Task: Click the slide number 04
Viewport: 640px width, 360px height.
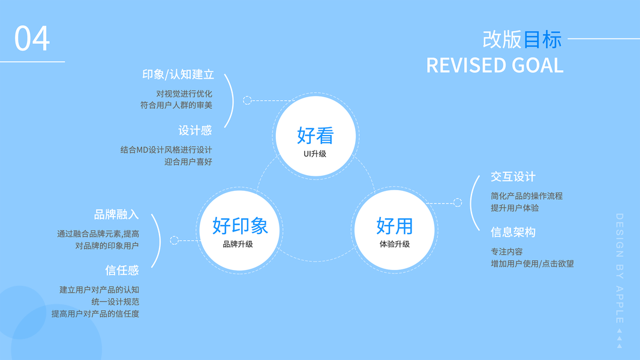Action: [x=32, y=38]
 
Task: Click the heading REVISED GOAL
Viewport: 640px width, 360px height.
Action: [x=494, y=65]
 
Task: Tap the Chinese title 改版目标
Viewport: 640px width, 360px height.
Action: [x=522, y=39]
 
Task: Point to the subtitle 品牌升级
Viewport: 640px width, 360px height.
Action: [x=238, y=244]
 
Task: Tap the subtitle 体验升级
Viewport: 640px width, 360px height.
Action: [x=395, y=244]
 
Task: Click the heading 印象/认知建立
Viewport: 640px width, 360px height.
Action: [x=178, y=74]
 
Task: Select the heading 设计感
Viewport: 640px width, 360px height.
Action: [x=195, y=130]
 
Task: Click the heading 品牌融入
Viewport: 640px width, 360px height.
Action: [x=116, y=214]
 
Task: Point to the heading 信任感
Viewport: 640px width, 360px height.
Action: [x=122, y=270]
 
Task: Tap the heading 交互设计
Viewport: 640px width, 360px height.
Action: [x=513, y=176]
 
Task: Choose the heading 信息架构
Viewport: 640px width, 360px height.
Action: [x=513, y=232]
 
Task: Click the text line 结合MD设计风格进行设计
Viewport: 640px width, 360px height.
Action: [x=166, y=149]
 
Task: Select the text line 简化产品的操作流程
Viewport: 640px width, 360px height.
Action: [x=527, y=196]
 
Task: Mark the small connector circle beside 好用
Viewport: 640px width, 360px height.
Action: [x=458, y=202]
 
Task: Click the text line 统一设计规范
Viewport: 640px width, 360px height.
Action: [x=115, y=301]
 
